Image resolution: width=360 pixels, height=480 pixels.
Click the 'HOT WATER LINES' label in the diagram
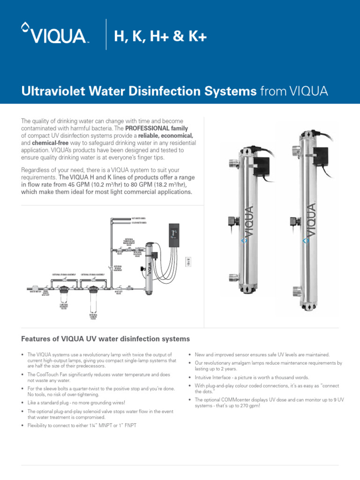139,218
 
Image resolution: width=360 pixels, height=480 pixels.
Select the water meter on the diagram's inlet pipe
36,290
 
